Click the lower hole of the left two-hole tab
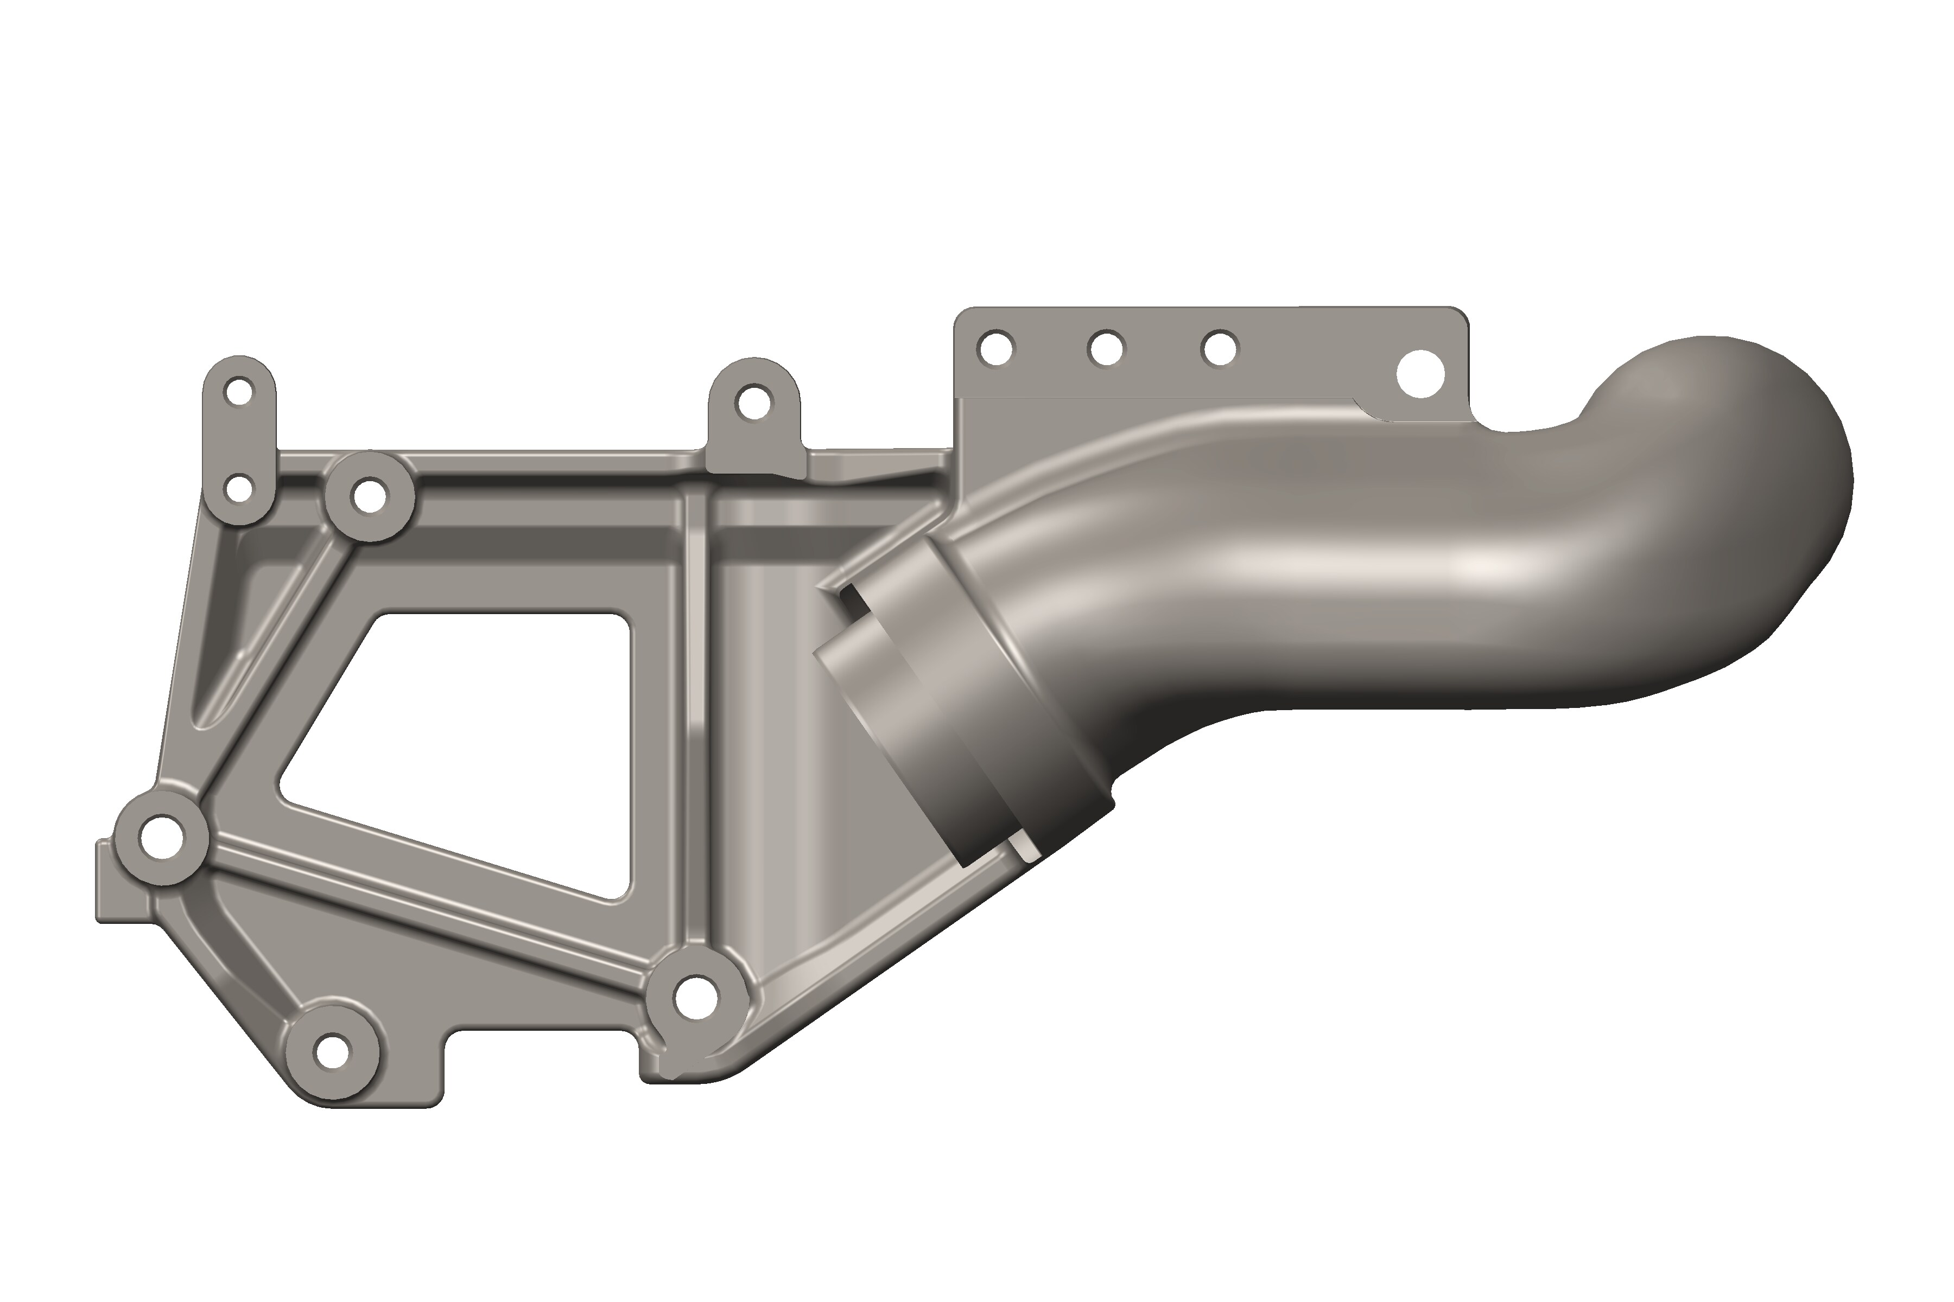(239, 489)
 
